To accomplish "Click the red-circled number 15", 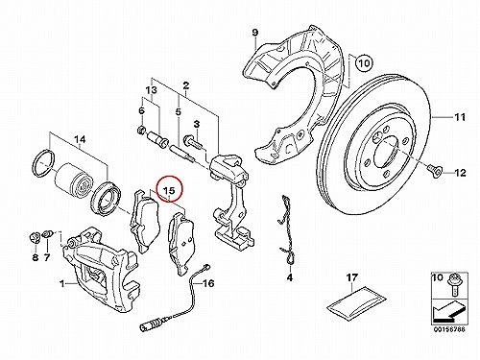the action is coord(169,190).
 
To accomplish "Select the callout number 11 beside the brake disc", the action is coord(460,117).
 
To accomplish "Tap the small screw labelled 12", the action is coord(434,170).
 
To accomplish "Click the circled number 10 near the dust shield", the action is coord(364,63).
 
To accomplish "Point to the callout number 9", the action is coord(254,33).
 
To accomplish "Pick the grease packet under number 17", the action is coord(356,303).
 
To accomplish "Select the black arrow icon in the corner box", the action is coord(448,314).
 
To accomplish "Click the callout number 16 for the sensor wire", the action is coord(208,283).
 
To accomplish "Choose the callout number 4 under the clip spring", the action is coord(290,277).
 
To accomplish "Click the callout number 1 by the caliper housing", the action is coord(62,283).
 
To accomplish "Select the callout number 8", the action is coord(36,257).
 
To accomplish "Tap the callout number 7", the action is coord(47,257).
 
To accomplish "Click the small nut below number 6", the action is coord(141,131).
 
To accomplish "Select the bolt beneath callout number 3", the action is coord(192,141).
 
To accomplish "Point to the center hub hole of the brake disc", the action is coord(387,153).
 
